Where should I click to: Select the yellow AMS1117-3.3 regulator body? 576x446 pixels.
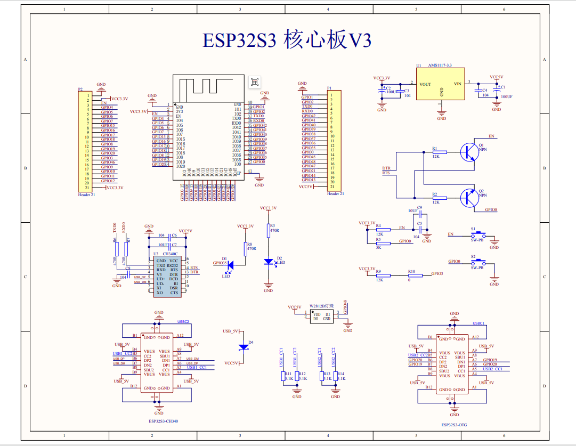[441, 84]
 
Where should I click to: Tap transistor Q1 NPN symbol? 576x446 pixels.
[469, 152]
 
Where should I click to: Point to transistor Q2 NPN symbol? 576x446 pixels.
[469, 198]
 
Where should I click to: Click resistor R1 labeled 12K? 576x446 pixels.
[436, 152]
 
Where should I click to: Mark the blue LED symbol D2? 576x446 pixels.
[269, 262]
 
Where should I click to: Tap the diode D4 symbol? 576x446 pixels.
[244, 347]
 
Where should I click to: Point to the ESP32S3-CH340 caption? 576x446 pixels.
[164, 421]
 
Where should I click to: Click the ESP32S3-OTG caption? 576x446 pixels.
[454, 425]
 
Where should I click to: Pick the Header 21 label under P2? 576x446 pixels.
[86, 195]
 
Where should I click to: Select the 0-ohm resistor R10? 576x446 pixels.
[412, 275]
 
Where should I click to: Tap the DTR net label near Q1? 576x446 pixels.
[386, 168]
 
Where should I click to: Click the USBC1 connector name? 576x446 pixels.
[478, 323]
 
